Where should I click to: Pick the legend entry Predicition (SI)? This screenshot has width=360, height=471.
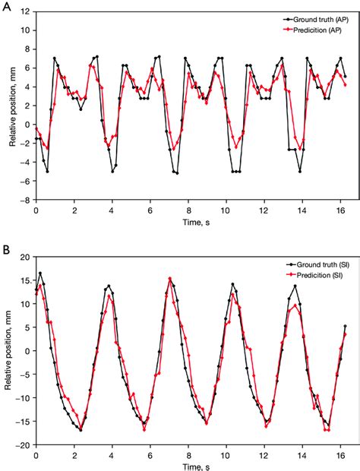(313, 272)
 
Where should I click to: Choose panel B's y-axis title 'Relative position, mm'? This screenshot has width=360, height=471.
(7, 351)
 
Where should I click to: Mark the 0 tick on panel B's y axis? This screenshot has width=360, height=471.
(27, 351)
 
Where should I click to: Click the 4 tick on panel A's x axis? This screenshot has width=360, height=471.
(112, 209)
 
